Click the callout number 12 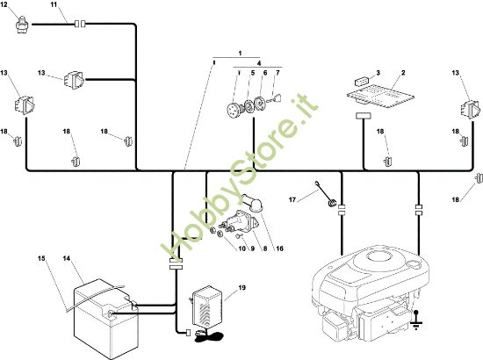[x=4, y=5]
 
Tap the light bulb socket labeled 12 [x=22, y=25]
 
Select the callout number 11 [x=54, y=5]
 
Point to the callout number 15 [x=41, y=258]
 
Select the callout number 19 [x=242, y=288]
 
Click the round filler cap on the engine [x=414, y=264]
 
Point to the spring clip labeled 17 [x=326, y=195]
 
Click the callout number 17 [x=292, y=200]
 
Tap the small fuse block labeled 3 [x=361, y=82]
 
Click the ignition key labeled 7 [x=276, y=99]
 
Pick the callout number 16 [x=279, y=248]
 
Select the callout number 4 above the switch [x=259, y=63]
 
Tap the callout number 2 [x=403, y=73]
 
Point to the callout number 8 [x=265, y=248]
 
